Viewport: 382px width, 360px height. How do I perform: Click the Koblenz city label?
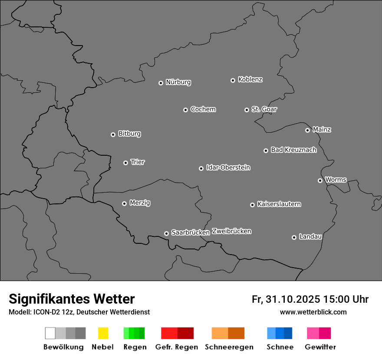pyautogui.click(x=250, y=79)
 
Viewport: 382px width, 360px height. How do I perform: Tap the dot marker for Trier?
pyautogui.click(x=125, y=163)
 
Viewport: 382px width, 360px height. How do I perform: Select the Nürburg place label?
pyautogui.click(x=178, y=82)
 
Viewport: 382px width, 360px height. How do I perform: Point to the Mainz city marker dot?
pyautogui.click(x=307, y=130)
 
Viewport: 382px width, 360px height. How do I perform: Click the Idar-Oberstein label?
pyautogui.click(x=228, y=167)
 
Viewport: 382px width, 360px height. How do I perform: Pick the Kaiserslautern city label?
pyautogui.click(x=279, y=204)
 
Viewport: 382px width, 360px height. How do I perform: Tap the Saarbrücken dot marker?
pyautogui.click(x=166, y=233)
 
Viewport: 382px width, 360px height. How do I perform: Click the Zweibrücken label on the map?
pyautogui.click(x=231, y=231)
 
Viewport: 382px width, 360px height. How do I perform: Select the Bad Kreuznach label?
pyautogui.click(x=293, y=150)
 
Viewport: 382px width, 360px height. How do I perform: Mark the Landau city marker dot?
pyautogui.click(x=294, y=237)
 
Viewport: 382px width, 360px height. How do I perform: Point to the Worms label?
pyautogui.click(x=336, y=180)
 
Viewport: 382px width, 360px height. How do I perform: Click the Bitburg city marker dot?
pyautogui.click(x=113, y=134)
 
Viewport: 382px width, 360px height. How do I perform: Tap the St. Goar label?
pyautogui.click(x=264, y=109)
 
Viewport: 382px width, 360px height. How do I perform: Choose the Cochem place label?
pyautogui.click(x=203, y=109)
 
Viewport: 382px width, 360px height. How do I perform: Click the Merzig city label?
pyautogui.click(x=140, y=203)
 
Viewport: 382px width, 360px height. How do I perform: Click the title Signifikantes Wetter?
pyautogui.click(x=72, y=299)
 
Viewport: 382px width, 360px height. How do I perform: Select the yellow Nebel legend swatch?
pyautogui.click(x=103, y=333)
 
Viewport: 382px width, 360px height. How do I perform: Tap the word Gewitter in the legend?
pyautogui.click(x=320, y=347)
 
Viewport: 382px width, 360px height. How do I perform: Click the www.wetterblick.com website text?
pyautogui.click(x=313, y=312)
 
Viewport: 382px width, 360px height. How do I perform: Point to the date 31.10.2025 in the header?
pyautogui.click(x=292, y=299)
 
